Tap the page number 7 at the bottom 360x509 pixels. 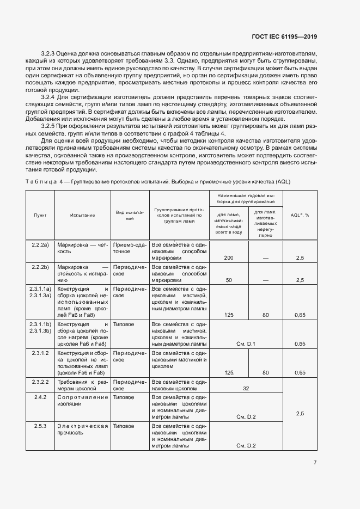[x=315, y=463]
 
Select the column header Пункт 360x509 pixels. [x=40, y=215]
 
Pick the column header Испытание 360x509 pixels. [x=82, y=215]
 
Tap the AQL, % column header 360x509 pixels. [x=300, y=215]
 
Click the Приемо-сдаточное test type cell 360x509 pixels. [x=129, y=248]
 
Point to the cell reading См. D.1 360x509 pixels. [x=246, y=344]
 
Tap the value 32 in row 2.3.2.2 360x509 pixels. [x=246, y=388]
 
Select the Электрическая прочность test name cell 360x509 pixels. [x=82, y=429]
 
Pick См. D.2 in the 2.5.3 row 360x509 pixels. [x=246, y=446]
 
